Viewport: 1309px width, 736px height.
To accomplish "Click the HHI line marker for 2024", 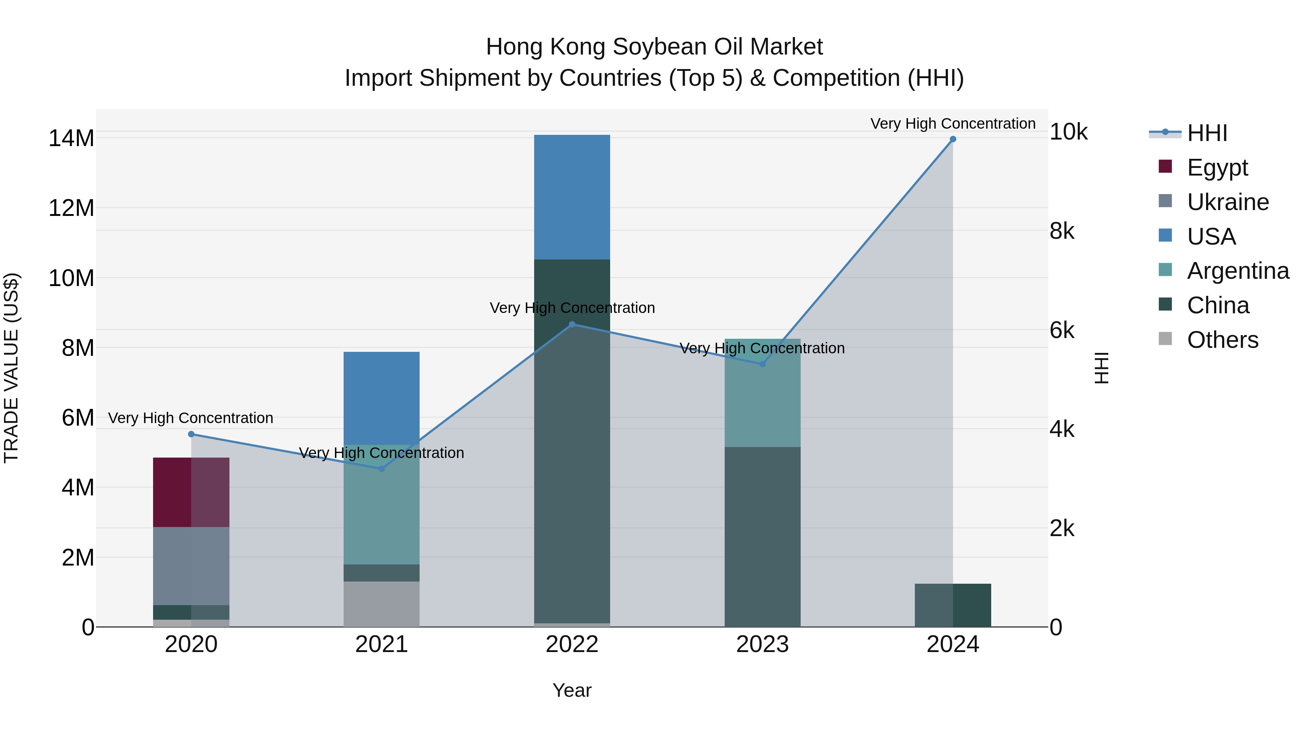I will [x=953, y=139].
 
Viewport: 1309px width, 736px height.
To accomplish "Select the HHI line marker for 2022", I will [x=572, y=324].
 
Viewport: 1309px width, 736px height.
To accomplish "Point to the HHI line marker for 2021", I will [x=382, y=469].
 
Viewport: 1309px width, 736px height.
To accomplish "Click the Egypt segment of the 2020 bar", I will [x=191, y=492].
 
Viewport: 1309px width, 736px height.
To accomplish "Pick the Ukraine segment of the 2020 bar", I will [x=191, y=566].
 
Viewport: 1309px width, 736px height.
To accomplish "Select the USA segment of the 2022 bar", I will [x=572, y=197].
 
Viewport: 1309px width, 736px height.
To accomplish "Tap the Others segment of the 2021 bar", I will [x=382, y=604].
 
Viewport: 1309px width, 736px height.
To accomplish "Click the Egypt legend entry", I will [x=1217, y=168].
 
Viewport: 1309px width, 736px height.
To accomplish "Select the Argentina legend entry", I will [x=1237, y=271].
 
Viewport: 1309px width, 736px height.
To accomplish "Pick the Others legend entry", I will [x=1222, y=340].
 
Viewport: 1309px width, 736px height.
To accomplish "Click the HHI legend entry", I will [x=1207, y=133].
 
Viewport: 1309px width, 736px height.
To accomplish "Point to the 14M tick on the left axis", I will [x=71, y=138].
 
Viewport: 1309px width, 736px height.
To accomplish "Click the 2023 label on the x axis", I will [x=762, y=644].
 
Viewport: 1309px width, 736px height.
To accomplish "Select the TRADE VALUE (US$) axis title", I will [x=11, y=368].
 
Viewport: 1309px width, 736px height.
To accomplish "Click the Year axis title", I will [x=572, y=690].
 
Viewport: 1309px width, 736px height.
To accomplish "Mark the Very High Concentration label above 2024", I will [x=953, y=124].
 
